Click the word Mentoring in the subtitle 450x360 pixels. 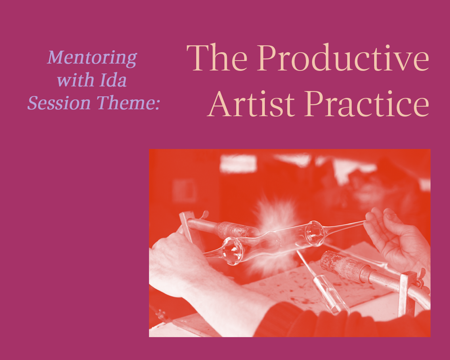[92, 58]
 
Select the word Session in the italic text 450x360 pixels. [59, 103]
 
